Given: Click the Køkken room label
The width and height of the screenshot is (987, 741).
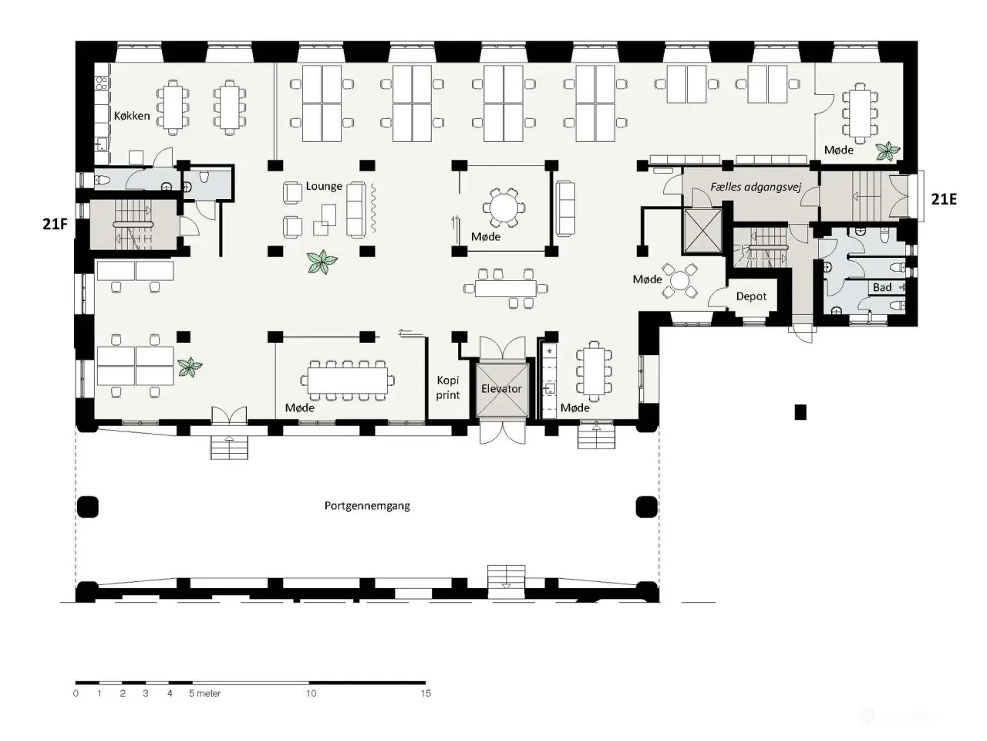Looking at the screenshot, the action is pyautogui.click(x=132, y=116).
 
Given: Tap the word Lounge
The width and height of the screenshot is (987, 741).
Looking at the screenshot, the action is pyautogui.click(x=324, y=186).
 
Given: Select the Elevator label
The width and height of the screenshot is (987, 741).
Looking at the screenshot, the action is pyautogui.click(x=501, y=388).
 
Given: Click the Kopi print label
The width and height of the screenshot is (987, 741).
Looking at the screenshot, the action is pyautogui.click(x=448, y=387).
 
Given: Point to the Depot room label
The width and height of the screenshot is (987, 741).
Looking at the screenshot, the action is pyautogui.click(x=751, y=296).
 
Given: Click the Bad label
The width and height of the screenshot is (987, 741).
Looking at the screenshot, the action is pyautogui.click(x=882, y=287).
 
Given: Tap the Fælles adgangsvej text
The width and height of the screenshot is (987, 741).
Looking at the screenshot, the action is pyautogui.click(x=756, y=187).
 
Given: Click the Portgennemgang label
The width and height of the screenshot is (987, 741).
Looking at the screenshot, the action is pyautogui.click(x=367, y=506).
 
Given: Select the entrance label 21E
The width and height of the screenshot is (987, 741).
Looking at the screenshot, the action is pyautogui.click(x=944, y=199).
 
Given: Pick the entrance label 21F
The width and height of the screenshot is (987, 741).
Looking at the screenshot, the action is pyautogui.click(x=55, y=224).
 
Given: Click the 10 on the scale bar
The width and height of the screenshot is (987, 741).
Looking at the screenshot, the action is pyautogui.click(x=312, y=693).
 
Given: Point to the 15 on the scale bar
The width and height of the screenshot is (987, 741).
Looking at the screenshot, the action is pyautogui.click(x=426, y=693).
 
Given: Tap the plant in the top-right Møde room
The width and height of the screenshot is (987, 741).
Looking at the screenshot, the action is pyautogui.click(x=888, y=151).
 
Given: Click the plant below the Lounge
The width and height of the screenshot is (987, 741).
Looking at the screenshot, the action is pyautogui.click(x=322, y=262).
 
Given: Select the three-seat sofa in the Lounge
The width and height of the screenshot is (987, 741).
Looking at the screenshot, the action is pyautogui.click(x=356, y=208).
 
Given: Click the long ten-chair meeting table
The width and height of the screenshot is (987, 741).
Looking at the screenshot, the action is pyautogui.click(x=348, y=381).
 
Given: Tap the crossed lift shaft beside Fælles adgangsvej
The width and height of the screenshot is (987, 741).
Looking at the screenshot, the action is pyautogui.click(x=702, y=230).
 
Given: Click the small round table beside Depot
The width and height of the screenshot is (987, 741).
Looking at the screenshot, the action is pyautogui.click(x=680, y=282).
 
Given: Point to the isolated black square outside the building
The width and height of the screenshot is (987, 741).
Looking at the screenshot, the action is pyautogui.click(x=800, y=412).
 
